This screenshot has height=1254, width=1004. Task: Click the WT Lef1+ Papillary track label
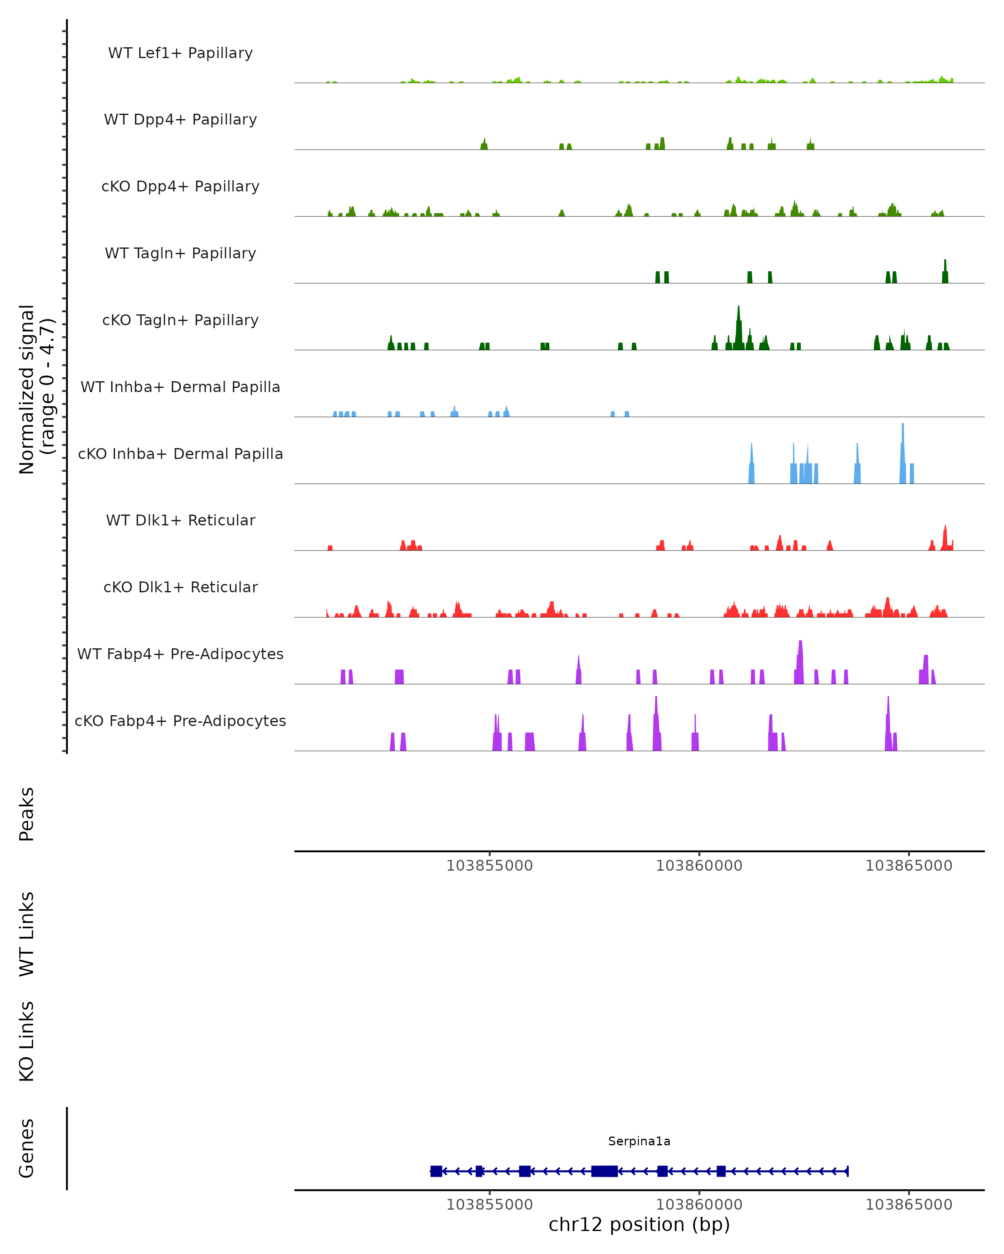point(180,53)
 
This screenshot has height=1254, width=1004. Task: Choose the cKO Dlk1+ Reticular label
point(180,587)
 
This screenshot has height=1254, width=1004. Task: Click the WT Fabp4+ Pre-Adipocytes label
point(180,654)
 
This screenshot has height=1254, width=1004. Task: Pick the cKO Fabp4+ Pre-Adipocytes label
point(180,721)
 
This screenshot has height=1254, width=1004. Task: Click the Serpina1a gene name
point(639,1141)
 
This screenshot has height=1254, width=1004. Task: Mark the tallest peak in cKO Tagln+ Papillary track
point(739,308)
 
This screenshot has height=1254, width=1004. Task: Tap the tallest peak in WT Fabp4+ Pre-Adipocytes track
point(800,643)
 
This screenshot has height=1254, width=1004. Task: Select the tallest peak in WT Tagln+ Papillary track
point(945,262)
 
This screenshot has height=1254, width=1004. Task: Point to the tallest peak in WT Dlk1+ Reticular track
point(945,527)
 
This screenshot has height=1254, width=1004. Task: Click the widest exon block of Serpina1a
point(604,1171)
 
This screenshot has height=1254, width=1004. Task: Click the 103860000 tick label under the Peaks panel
point(699,866)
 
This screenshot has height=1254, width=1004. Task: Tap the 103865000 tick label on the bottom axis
point(909,1205)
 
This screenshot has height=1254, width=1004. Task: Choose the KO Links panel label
point(27,1042)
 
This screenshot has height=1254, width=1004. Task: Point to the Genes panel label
point(27,1149)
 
